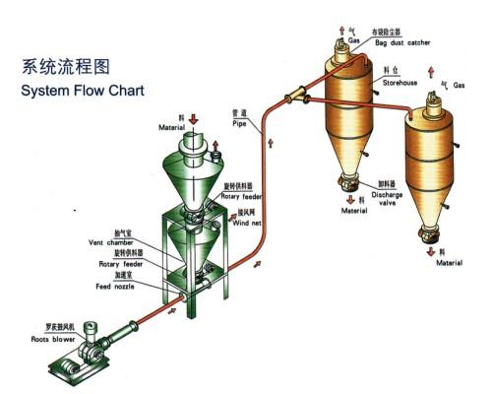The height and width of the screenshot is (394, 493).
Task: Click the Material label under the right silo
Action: click(x=451, y=263)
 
